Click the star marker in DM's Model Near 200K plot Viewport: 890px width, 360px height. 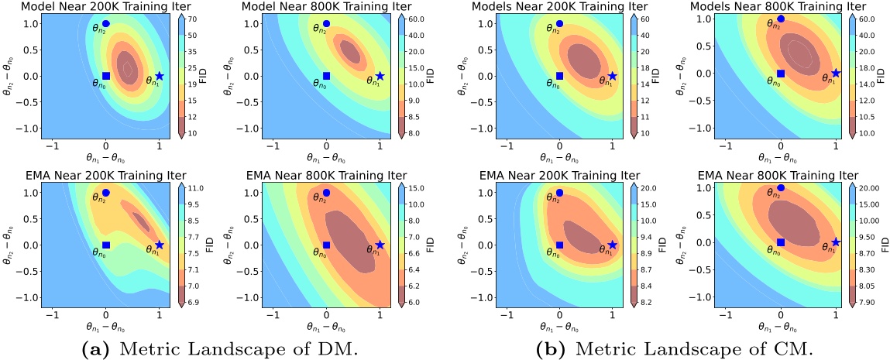coord(160,76)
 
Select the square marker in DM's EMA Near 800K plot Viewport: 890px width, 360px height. coord(326,245)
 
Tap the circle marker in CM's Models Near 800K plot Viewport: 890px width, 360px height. coord(781,19)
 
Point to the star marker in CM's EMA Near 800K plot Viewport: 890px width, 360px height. coord(836,242)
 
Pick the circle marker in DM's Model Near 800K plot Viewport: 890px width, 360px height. coord(326,24)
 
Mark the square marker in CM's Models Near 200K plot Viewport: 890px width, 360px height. coord(559,76)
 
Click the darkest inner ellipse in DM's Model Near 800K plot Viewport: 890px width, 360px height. coord(350,53)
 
